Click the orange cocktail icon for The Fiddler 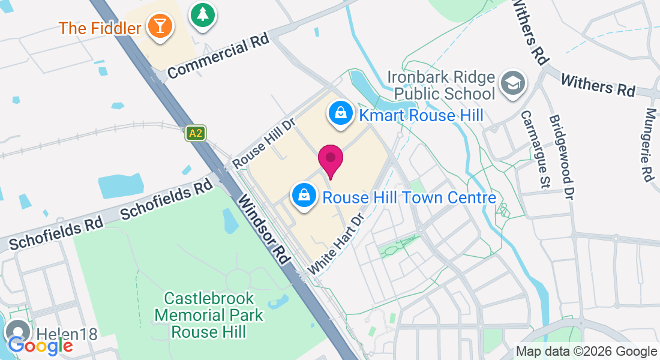point(160,26)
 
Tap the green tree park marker point(203,14)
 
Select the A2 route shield point(196,133)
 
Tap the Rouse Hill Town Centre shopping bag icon point(304,195)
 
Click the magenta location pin point(330,158)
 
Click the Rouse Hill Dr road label point(265,143)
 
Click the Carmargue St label point(535,149)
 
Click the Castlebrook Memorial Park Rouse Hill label point(209,314)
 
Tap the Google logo point(40,345)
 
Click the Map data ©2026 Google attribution point(586,352)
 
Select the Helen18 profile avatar point(17,332)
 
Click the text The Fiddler point(100,28)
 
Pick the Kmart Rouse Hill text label point(421,115)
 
